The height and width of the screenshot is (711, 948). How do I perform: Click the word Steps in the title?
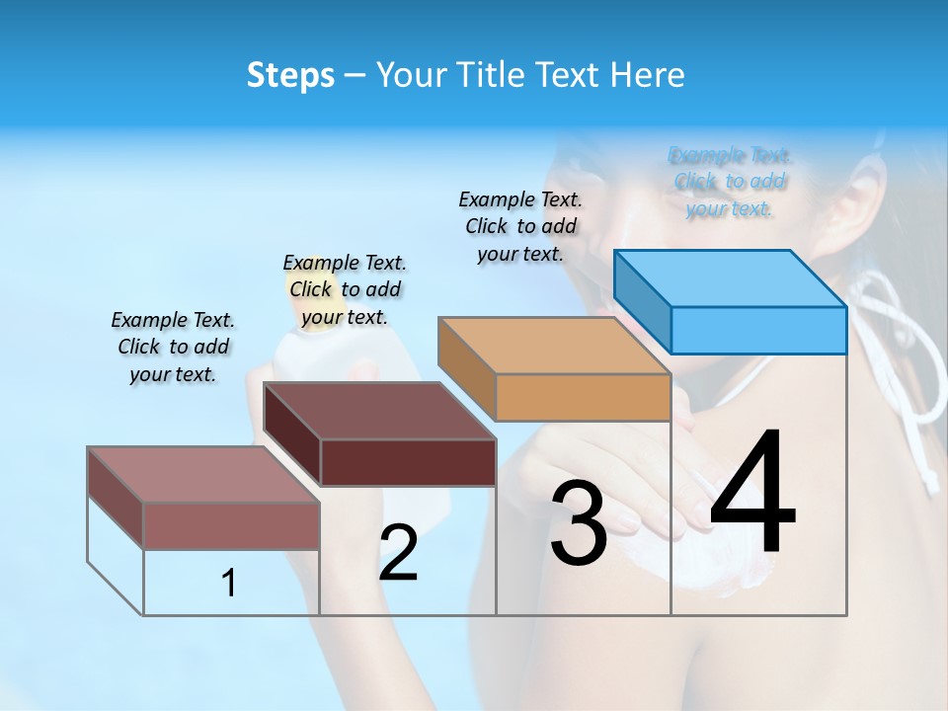click(290, 75)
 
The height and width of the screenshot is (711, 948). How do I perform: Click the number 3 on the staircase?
click(578, 523)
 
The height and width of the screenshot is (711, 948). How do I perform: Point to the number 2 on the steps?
click(398, 553)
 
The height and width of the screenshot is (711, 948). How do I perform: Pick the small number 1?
click(229, 583)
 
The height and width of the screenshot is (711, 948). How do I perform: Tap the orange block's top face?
click(553, 346)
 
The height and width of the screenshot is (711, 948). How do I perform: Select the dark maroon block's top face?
click(378, 411)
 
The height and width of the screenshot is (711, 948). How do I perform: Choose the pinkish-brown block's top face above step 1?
click(202, 475)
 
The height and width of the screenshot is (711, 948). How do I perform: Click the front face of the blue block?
click(758, 330)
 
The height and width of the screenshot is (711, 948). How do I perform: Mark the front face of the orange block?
click(583, 397)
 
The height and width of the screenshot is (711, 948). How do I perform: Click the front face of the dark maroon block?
click(408, 462)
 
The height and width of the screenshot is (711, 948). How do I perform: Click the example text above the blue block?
click(730, 182)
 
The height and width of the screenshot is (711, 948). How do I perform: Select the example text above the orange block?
click(520, 226)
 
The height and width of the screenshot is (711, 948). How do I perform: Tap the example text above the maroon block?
click(345, 289)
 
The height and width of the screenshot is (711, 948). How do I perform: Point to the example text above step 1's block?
click(173, 347)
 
